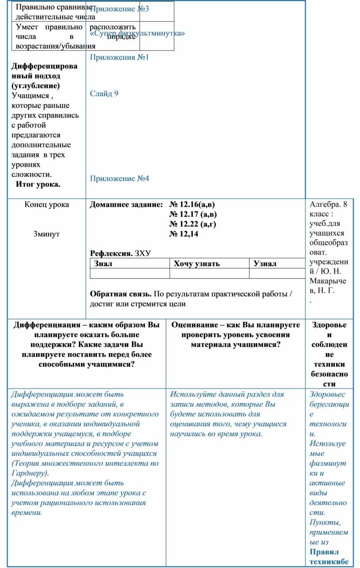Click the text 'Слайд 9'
[x=104, y=94]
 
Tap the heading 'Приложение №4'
[x=120, y=178]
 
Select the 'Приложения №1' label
[x=120, y=57]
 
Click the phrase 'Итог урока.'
[x=38, y=184]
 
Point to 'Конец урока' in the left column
[x=47, y=205]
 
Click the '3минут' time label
[x=46, y=234]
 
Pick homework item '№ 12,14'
[x=184, y=234]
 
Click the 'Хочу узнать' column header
[x=197, y=263]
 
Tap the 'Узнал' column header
[x=265, y=263]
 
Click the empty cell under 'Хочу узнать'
[x=209, y=274]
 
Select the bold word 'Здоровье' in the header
[x=329, y=325]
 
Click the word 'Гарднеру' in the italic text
[x=28, y=473]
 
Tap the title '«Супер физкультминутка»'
[x=137, y=34]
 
